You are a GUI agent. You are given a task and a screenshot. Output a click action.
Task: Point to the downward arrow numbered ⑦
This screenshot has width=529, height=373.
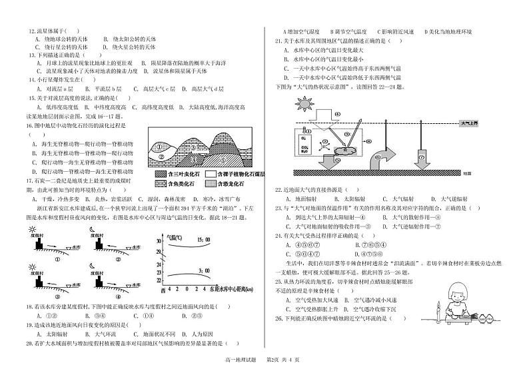[422, 157]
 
